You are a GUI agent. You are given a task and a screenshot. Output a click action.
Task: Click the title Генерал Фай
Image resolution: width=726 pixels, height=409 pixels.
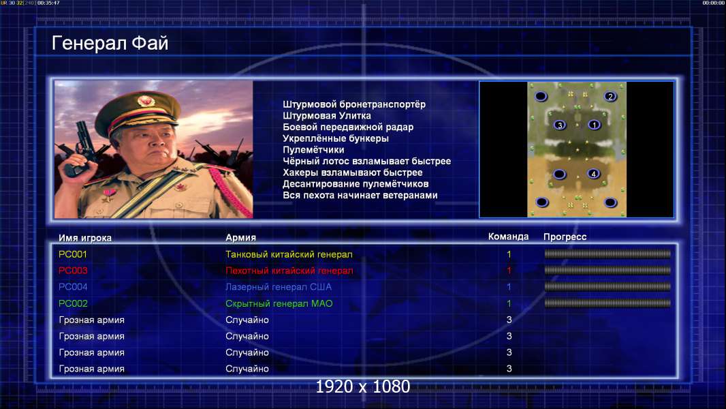[x=110, y=43]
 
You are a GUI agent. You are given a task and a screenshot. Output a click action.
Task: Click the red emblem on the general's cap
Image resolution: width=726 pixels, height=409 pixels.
[x=145, y=100]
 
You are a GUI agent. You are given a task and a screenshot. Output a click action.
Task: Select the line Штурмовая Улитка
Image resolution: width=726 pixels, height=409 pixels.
[x=327, y=116]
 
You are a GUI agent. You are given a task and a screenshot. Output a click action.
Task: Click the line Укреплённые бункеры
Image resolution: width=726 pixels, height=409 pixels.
[x=336, y=138]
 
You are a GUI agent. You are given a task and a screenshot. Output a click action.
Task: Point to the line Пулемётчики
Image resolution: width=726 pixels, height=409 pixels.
[x=313, y=149]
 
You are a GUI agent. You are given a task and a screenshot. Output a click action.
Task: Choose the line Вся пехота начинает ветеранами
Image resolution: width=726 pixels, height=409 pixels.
[x=360, y=195]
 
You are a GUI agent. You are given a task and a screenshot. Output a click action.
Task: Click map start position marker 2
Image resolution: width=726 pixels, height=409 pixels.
[x=610, y=96]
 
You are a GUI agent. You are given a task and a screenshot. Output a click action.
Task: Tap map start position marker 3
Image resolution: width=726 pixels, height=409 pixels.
[x=560, y=125]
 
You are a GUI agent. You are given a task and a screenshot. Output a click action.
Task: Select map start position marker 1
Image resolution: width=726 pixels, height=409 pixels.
[x=594, y=125]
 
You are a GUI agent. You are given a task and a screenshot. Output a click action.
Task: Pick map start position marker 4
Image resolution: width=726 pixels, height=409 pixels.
[x=593, y=174]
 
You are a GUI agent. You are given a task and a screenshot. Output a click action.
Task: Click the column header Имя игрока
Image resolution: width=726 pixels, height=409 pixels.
[x=84, y=238]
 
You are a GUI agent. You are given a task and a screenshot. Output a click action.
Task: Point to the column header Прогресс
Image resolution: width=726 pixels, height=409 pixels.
[x=565, y=237]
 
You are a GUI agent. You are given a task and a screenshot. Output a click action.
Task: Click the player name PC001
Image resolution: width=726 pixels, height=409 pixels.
[x=73, y=254]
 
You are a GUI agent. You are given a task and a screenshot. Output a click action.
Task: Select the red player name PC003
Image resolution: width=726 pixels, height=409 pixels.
[x=73, y=271]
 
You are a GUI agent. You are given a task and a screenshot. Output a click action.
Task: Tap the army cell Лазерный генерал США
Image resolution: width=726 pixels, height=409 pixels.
[x=279, y=287]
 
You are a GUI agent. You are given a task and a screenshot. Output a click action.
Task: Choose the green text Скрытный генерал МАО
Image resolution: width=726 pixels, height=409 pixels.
[x=279, y=303]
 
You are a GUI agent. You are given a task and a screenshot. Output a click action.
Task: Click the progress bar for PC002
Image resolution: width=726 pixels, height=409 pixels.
[x=607, y=303]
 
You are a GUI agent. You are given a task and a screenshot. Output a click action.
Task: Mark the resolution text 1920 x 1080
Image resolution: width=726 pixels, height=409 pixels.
[x=362, y=387]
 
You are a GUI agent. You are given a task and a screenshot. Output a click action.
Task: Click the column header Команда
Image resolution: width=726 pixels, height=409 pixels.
[x=508, y=237]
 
